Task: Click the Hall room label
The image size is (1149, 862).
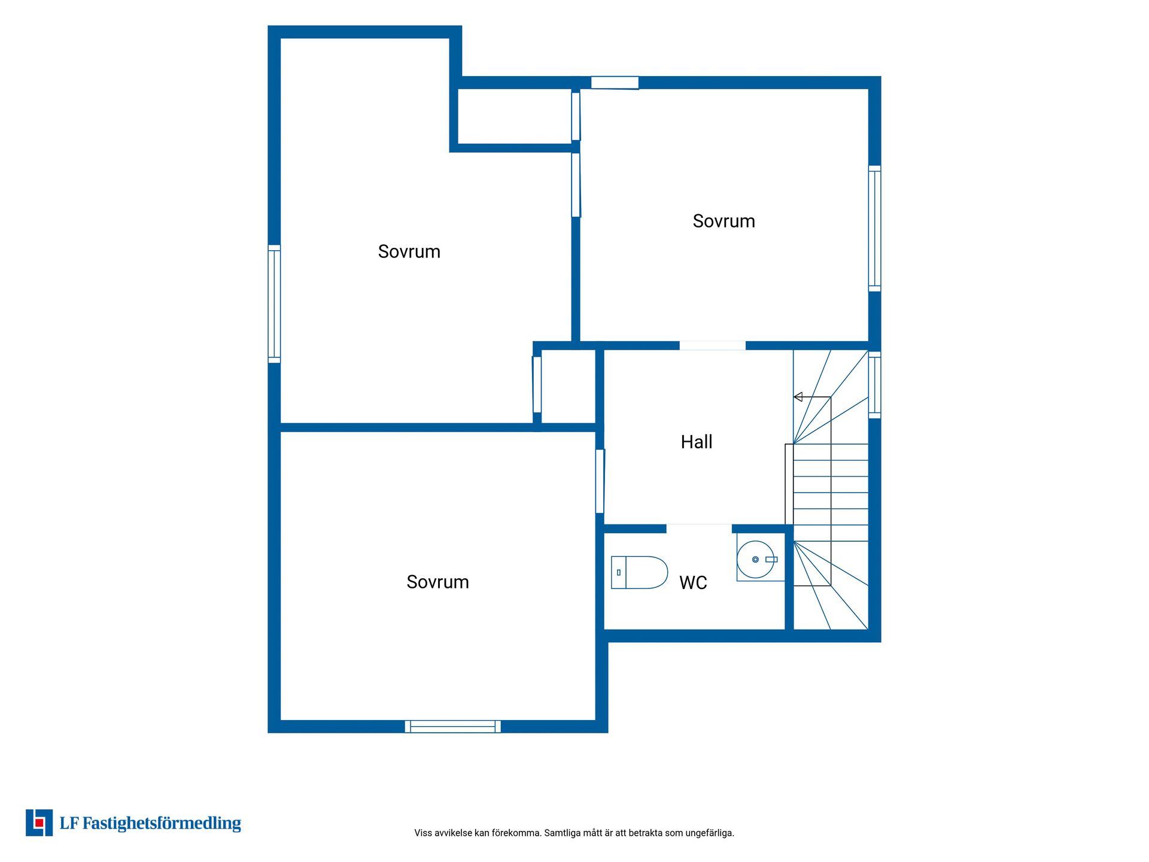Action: click(697, 442)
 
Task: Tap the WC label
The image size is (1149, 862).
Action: click(693, 582)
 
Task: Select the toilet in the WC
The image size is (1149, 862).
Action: click(639, 572)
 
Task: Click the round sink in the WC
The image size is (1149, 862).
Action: click(755, 559)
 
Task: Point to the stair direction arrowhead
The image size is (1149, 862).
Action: click(798, 397)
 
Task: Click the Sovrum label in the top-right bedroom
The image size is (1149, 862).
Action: click(724, 221)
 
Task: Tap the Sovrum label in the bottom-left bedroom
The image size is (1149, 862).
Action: click(437, 582)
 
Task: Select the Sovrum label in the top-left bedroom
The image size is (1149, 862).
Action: click(409, 251)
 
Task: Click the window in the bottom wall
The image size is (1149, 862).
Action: click(453, 726)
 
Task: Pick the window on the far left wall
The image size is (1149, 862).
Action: click(274, 304)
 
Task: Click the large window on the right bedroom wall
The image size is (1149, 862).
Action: click(874, 229)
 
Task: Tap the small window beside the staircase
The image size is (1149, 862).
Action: click(874, 385)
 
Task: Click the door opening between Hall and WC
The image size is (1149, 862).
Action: click(699, 528)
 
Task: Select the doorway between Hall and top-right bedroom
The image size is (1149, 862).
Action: click(712, 345)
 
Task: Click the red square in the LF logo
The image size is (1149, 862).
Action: click(39, 823)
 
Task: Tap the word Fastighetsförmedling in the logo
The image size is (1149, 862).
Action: click(162, 823)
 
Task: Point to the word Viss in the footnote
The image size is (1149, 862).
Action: click(422, 833)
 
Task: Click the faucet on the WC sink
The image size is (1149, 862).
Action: click(771, 560)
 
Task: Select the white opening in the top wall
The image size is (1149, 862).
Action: click(615, 83)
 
